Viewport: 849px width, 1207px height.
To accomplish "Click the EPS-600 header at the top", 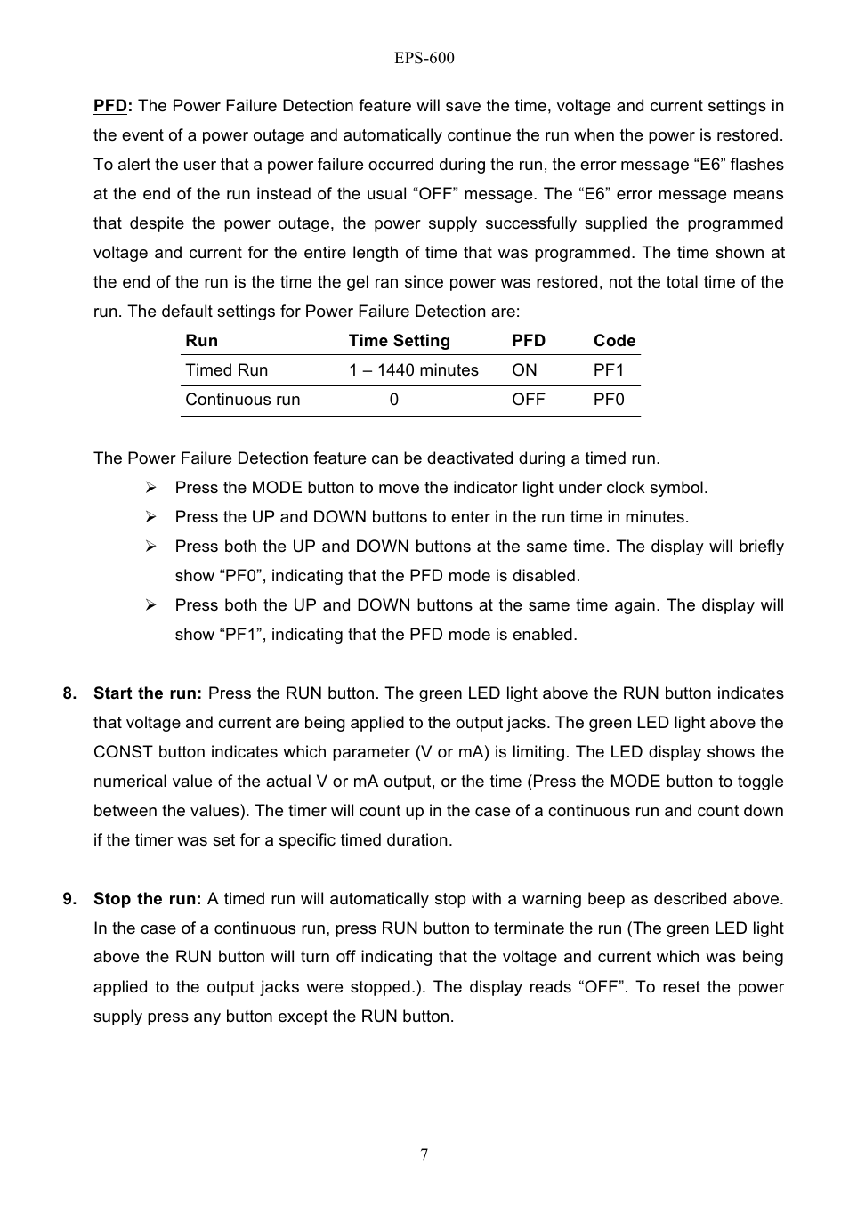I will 424,58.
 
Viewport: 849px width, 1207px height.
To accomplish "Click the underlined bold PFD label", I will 111,106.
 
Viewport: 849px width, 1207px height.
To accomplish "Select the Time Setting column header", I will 399,341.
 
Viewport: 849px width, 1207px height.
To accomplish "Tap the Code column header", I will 614,341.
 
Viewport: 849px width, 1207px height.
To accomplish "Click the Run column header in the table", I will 201,341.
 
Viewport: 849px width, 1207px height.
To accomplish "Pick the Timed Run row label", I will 226,370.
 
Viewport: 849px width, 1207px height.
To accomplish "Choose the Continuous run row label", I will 242,400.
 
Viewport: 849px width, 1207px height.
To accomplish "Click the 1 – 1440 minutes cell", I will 413,370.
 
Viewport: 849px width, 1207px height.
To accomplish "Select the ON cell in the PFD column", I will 524,370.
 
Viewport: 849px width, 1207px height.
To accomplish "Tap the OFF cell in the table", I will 528,400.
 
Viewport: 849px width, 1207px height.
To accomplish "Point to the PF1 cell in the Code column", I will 609,370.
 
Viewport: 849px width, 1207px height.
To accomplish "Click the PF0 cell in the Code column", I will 609,400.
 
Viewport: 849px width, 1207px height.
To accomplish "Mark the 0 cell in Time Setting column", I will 393,400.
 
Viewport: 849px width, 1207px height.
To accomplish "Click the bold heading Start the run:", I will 148,693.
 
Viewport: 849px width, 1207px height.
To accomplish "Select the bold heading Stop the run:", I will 148,899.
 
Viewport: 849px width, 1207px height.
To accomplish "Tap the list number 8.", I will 69,693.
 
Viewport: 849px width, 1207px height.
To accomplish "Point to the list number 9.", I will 69,899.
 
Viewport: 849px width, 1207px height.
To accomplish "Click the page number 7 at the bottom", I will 424,1154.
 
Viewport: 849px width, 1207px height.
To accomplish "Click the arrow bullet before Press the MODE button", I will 151,488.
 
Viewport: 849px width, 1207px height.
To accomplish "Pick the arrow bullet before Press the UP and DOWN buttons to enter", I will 151,517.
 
